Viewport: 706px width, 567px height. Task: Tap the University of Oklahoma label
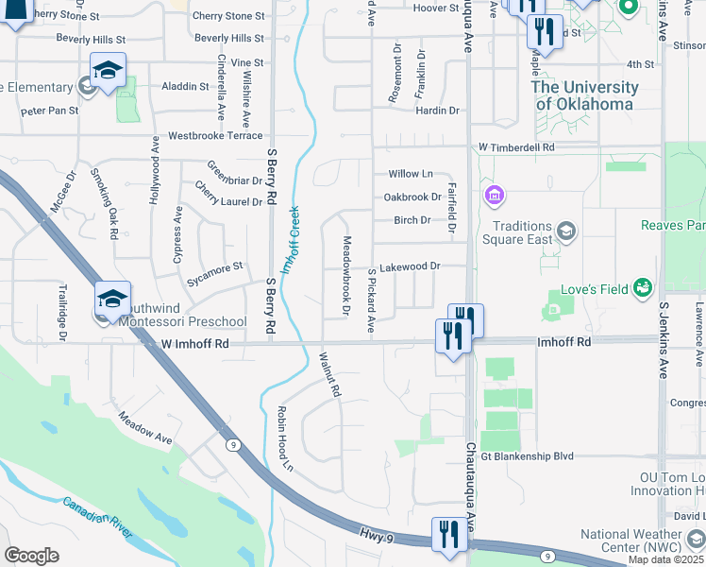[x=585, y=95]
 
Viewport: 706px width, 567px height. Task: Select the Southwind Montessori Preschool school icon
[x=112, y=300]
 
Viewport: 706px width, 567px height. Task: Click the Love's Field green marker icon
[x=643, y=285]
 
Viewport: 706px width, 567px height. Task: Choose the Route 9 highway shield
[x=231, y=443]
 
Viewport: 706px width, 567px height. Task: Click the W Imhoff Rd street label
[x=195, y=345]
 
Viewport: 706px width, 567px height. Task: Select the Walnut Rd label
[x=328, y=374]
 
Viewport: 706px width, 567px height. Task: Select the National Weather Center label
[x=642, y=541]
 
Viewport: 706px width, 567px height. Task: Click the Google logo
[x=31, y=555]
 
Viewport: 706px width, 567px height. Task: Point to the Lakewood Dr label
[x=410, y=267]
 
